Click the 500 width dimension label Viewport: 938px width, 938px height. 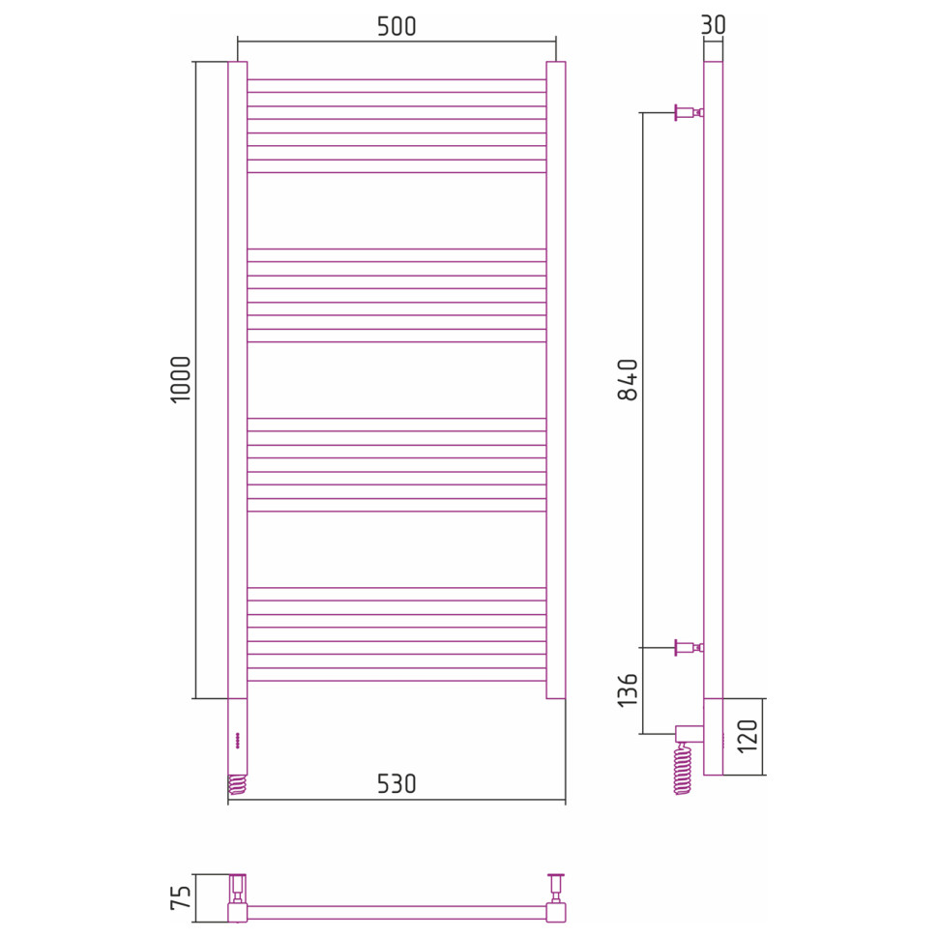396,26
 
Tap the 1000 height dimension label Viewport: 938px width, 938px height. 181,379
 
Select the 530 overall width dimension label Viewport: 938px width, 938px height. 396,783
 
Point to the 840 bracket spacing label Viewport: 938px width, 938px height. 628,380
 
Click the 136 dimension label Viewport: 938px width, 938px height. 628,689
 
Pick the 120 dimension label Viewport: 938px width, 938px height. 747,736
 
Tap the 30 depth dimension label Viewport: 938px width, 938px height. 713,24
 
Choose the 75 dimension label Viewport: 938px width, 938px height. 181,897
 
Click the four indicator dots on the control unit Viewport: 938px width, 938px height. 237,740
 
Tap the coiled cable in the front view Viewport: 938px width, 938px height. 238,784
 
